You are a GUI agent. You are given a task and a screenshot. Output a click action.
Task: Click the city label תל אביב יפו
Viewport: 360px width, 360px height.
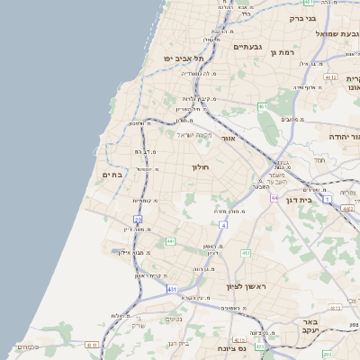tap(184, 58)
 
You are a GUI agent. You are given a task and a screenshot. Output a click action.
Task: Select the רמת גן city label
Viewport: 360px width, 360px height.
tap(283, 52)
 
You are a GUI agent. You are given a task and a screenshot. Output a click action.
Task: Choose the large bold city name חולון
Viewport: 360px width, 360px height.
tap(199, 167)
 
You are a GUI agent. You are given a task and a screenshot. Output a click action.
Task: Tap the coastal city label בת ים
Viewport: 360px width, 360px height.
tap(112, 175)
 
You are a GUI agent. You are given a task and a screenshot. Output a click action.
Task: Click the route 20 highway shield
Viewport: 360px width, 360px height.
tap(138, 219)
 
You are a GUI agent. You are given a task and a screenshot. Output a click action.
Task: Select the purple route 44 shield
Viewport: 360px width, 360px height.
tap(274, 197)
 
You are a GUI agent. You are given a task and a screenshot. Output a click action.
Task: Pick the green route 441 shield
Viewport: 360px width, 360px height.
tap(170, 241)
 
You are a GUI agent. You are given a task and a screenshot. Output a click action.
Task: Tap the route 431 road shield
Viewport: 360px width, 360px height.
tap(173, 289)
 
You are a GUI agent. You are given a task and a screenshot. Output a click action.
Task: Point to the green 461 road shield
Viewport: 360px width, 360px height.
tap(262, 106)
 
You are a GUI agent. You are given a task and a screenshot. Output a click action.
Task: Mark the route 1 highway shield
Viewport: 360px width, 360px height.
tap(328, 198)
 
